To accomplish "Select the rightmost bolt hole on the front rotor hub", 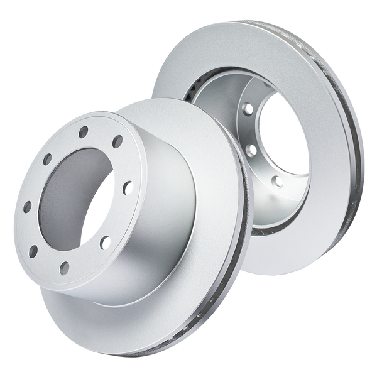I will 127,184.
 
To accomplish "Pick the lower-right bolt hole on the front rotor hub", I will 104,239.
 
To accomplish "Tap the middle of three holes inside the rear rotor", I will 251,150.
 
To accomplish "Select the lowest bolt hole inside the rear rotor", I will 275,180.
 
